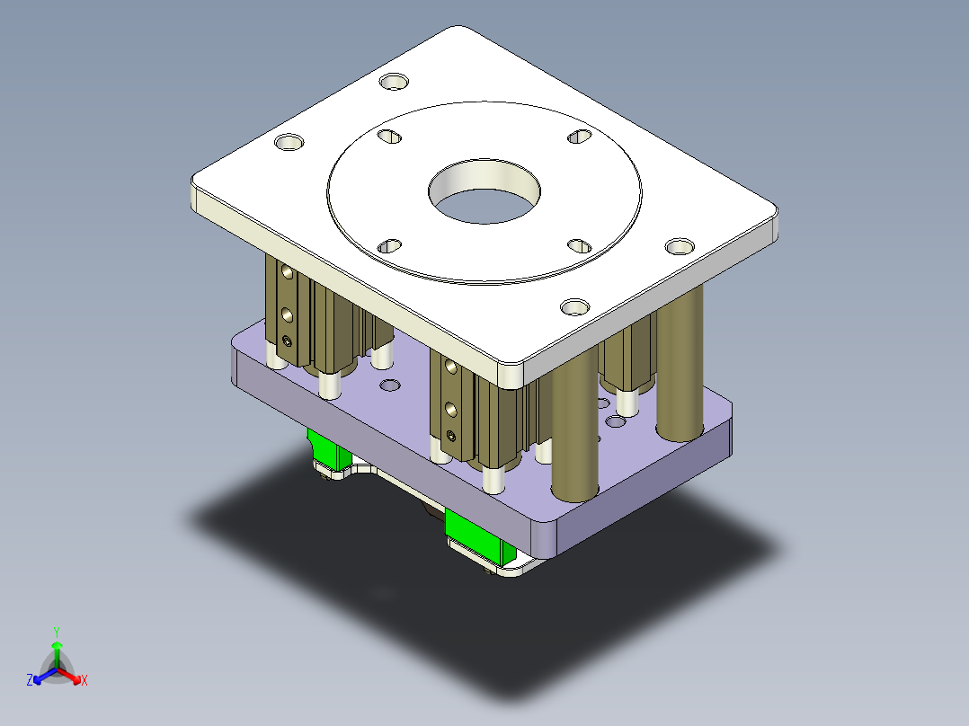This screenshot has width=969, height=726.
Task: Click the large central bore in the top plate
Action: [x=484, y=191]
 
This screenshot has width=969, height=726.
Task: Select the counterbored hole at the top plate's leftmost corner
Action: [x=289, y=143]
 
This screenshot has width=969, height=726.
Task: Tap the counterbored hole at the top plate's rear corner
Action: [x=393, y=82]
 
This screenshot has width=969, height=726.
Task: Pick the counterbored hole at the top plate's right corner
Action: [x=680, y=245]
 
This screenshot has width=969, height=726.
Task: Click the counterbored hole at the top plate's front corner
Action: [x=573, y=307]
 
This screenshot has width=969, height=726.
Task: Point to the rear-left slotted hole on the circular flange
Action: [x=389, y=137]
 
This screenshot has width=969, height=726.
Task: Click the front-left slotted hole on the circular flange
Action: [x=389, y=245]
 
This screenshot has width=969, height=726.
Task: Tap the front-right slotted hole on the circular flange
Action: [x=578, y=245]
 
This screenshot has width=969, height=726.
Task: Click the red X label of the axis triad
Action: [x=84, y=681]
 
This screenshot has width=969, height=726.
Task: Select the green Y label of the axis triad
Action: [x=57, y=632]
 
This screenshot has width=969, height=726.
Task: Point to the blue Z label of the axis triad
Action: [x=30, y=681]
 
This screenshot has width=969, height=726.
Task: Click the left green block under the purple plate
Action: [x=329, y=450]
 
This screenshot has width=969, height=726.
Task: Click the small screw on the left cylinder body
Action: [x=287, y=341]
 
